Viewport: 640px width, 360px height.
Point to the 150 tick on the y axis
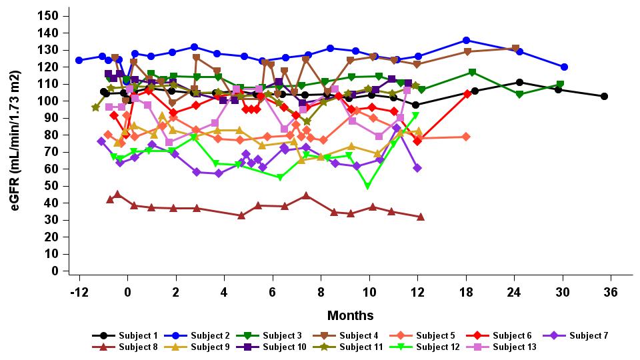(x=51, y=15)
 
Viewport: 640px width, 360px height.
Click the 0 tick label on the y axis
(x=56, y=271)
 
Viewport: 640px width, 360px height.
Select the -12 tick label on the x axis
(x=79, y=292)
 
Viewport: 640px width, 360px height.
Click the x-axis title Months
(x=350, y=315)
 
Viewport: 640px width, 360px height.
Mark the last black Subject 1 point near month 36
(x=604, y=96)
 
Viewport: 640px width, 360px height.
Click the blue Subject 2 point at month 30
(x=564, y=67)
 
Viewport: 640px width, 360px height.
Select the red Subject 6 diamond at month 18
(x=467, y=93)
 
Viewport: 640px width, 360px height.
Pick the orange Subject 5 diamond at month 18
(x=466, y=137)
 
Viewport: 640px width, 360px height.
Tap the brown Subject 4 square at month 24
(x=515, y=49)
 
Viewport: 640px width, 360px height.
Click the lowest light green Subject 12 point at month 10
(x=367, y=187)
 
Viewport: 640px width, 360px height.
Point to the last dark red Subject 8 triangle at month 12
(x=420, y=217)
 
